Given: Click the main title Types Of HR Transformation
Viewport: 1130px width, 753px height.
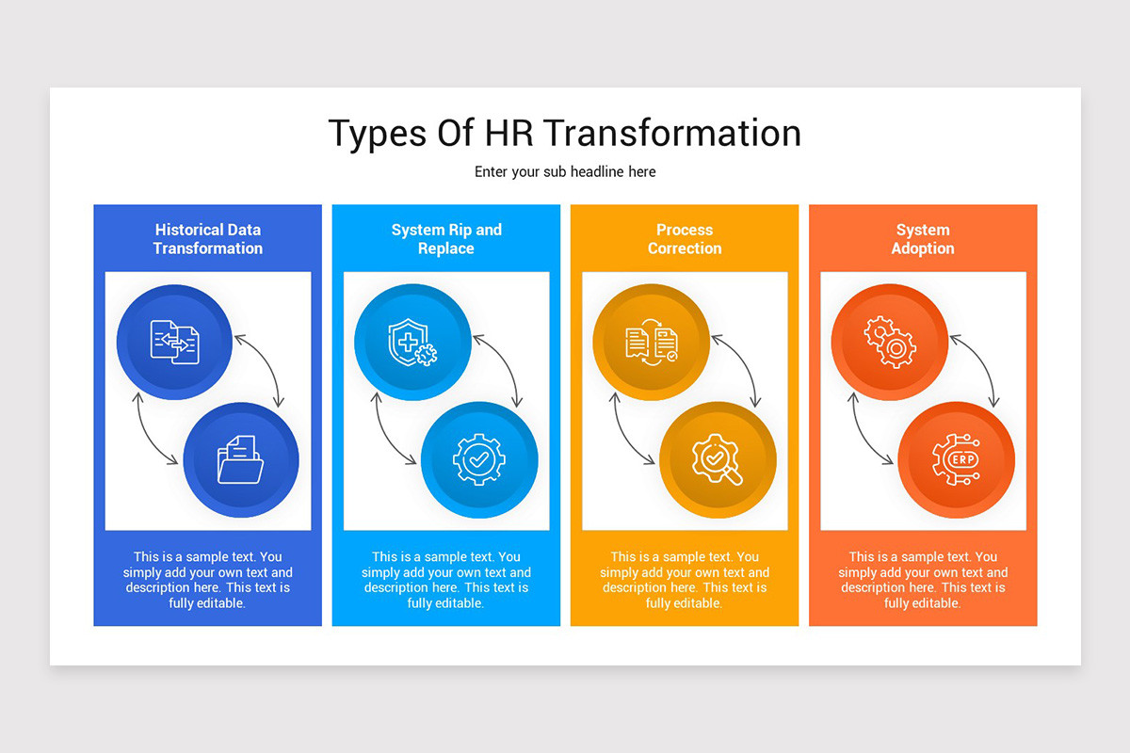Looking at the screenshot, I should point(564,134).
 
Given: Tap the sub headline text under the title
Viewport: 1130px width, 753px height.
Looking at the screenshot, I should point(564,172).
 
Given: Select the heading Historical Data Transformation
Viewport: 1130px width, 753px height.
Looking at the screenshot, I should point(207,239).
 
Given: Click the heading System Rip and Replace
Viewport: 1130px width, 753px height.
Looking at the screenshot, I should point(446,239).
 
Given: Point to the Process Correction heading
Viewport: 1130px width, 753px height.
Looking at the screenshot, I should point(685,239).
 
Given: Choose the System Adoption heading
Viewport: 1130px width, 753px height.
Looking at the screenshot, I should point(923,239).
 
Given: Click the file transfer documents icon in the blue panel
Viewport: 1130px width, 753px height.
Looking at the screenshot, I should point(175,342).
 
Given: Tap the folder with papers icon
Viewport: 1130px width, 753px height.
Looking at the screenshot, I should point(240,459).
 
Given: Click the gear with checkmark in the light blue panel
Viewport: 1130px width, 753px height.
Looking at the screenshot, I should point(479,459).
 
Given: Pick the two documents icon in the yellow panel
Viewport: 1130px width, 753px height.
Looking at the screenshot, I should point(652,342).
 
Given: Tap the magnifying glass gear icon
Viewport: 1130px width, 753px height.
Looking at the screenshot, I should point(718,459).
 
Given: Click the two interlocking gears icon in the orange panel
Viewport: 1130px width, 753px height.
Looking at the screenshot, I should point(890,342).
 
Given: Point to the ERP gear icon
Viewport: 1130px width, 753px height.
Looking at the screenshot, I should point(956,459).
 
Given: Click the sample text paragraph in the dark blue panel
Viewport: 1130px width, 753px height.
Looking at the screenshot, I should point(207,580).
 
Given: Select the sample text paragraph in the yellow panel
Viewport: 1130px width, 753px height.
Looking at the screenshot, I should point(685,580).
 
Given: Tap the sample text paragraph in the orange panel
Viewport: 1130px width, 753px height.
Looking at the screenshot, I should point(923,580).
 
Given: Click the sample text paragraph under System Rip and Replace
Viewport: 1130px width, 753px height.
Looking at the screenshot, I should point(446,580).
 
